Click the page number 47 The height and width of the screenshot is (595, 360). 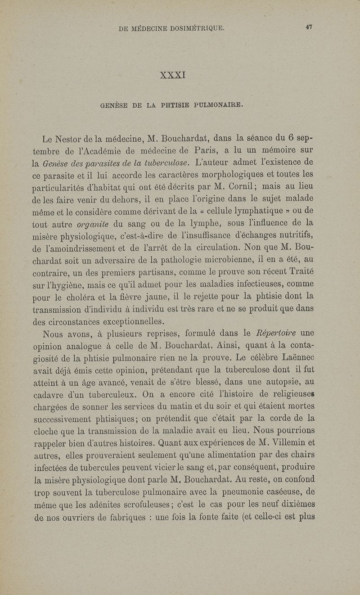309,27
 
